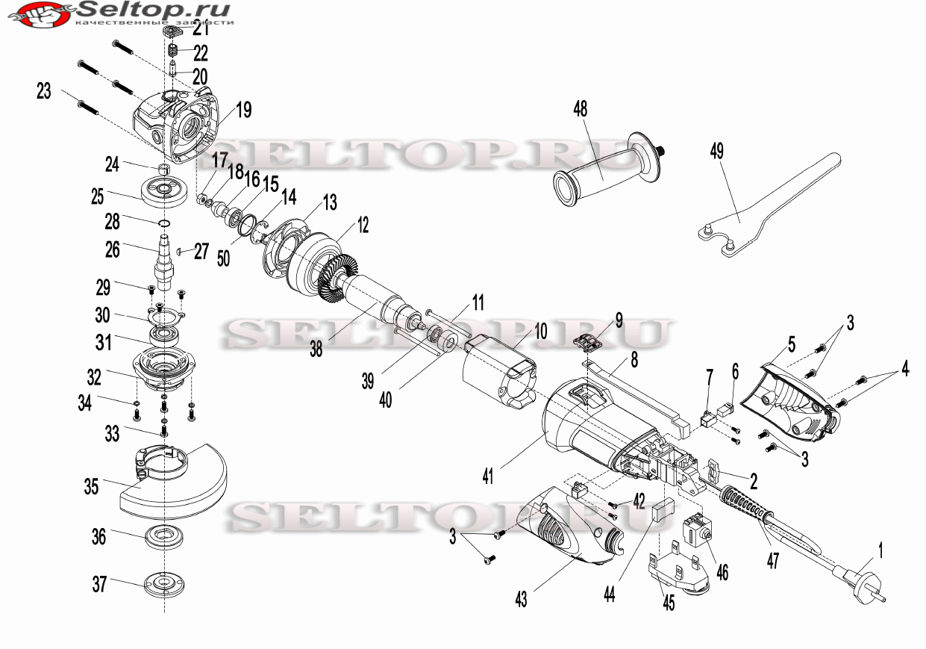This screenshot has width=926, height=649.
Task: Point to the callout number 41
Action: point(487,476)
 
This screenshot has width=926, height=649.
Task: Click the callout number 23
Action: point(44,91)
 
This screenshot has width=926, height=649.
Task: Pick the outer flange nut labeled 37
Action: point(164,583)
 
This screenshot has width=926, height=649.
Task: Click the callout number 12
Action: point(363,224)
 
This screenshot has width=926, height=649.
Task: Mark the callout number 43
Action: point(520,599)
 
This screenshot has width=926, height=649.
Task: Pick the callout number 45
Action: point(669,603)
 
